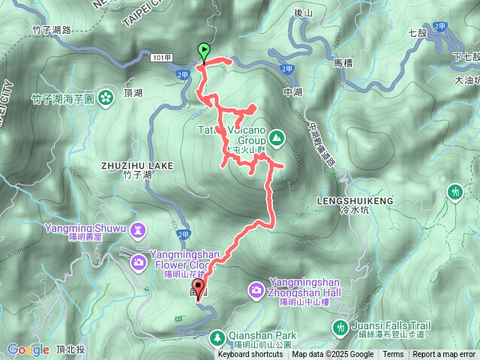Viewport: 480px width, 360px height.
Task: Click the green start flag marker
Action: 204,51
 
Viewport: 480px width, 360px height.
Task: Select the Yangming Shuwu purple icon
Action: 139,228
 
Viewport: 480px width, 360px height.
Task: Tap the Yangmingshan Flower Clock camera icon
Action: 139,261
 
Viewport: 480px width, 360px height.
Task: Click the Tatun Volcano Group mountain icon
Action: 277,137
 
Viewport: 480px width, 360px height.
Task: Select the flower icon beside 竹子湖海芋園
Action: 106,97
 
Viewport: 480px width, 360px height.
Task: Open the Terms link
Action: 392,354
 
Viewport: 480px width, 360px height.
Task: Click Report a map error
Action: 443,354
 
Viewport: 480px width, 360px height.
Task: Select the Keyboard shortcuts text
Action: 250,354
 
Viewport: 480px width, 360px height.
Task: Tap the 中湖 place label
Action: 292,92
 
